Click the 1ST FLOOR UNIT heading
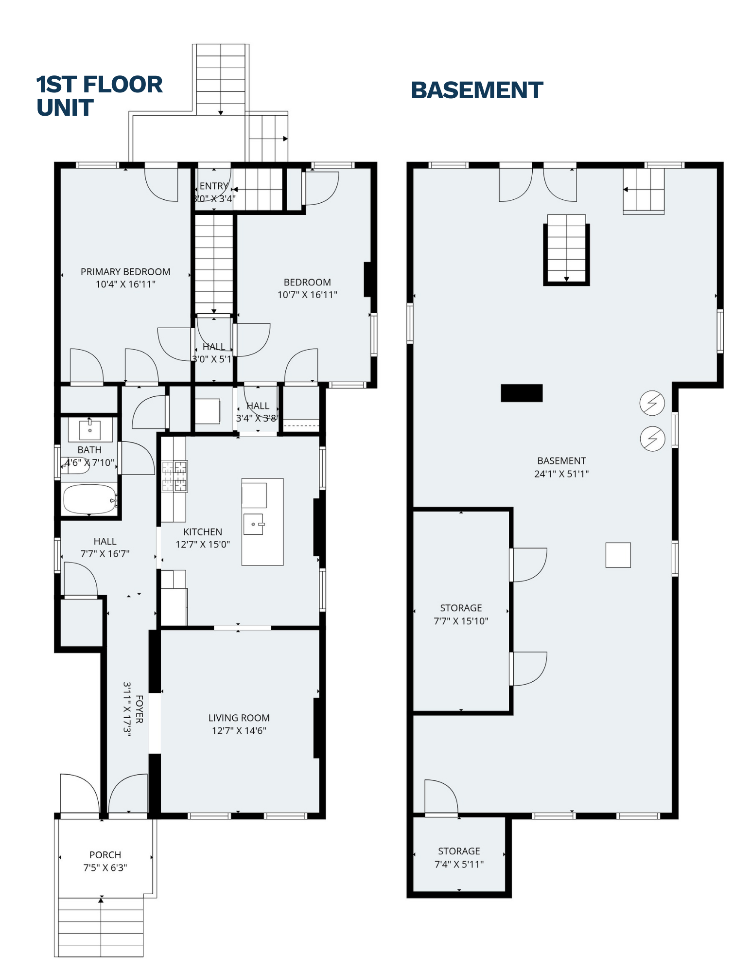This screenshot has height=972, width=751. tap(99, 96)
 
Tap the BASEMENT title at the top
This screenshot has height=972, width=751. tap(476, 90)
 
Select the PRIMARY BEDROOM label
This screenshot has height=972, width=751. tap(125, 272)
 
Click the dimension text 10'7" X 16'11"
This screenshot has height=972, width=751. tap(307, 295)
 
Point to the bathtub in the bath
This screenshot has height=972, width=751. tap(89, 499)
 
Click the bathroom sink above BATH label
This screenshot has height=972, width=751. tap(90, 430)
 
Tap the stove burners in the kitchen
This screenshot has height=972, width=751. tap(175, 476)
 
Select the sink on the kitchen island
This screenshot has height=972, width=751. tap(253, 524)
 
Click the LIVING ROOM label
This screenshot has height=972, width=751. tap(239, 718)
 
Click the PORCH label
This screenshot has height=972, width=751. tap(105, 855)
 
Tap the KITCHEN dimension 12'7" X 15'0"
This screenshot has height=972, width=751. tap(203, 545)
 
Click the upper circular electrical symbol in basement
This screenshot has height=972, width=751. tap(652, 403)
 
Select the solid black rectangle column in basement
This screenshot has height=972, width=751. tap(522, 393)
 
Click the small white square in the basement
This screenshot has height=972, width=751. tap(618, 555)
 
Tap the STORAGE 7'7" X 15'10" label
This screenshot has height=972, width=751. tap(461, 614)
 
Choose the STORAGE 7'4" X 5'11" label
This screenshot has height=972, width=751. tap(459, 857)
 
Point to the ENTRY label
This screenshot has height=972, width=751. tap(213, 186)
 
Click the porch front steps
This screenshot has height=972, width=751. tap(101, 926)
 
